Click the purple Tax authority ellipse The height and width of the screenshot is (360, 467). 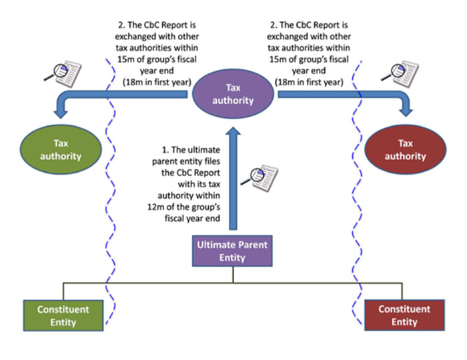[233, 94]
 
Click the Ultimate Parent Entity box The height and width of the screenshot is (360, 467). [232, 251]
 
